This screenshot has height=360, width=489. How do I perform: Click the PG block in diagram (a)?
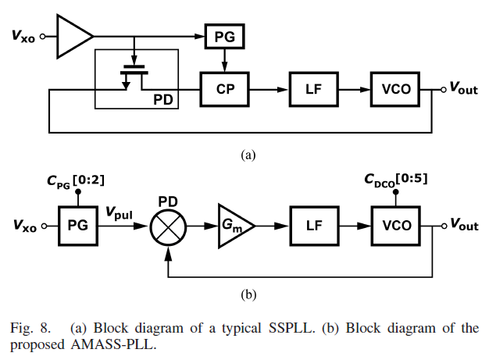click(226, 35)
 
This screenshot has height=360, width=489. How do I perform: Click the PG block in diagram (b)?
click(78, 226)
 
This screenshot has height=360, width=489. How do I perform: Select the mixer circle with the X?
click(166, 226)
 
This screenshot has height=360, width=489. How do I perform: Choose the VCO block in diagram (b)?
click(395, 226)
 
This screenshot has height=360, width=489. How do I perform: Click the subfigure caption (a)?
click(248, 155)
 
